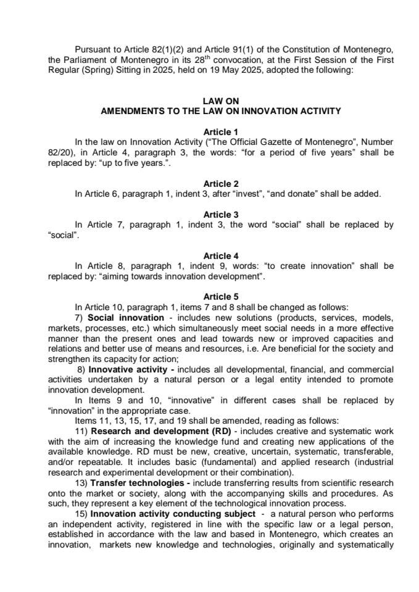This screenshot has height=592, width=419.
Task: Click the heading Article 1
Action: click(x=220, y=132)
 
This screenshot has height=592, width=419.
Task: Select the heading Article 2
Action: click(x=220, y=184)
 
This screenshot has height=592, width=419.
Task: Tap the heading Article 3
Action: click(x=220, y=215)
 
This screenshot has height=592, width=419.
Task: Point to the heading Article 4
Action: click(x=220, y=255)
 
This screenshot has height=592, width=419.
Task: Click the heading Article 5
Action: click(x=220, y=297)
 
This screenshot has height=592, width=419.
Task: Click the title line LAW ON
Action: click(x=220, y=101)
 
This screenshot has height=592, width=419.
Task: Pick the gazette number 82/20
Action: click(x=61, y=152)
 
